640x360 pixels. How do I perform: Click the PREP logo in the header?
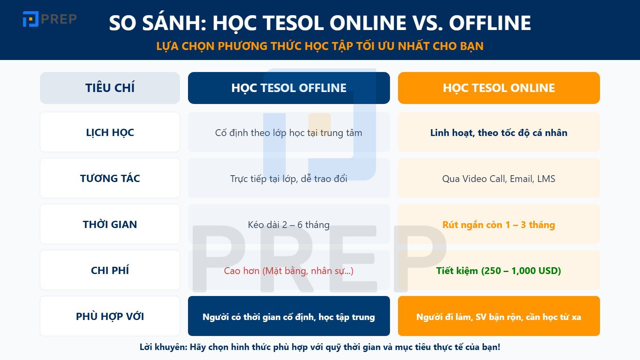tap(50, 19)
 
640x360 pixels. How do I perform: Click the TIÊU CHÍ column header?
tap(110, 88)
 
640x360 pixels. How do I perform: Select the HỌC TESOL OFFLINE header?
tap(289, 88)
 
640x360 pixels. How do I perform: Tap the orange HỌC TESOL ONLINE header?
tap(499, 88)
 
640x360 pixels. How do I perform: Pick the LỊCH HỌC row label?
tap(110, 132)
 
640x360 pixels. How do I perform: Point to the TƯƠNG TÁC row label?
tap(110, 178)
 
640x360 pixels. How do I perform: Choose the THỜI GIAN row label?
tap(110, 224)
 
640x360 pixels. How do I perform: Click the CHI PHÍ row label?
tap(110, 270)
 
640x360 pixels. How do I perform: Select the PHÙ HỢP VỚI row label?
tap(110, 316)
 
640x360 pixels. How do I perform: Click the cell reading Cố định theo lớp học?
tap(289, 133)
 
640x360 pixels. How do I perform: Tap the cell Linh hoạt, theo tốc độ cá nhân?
tap(499, 133)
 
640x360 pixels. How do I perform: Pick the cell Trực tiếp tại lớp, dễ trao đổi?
tap(289, 179)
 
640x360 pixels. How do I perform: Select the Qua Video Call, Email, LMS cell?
tap(499, 179)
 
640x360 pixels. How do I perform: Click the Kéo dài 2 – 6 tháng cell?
tap(289, 225)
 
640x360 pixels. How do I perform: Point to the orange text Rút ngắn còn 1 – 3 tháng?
tap(499, 225)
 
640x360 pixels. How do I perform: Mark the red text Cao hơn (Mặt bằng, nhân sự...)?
tap(289, 271)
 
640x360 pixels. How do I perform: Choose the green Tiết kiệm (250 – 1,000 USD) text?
tap(499, 271)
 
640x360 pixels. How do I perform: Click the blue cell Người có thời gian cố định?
tap(289, 317)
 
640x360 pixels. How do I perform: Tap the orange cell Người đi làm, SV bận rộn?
tap(499, 317)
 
